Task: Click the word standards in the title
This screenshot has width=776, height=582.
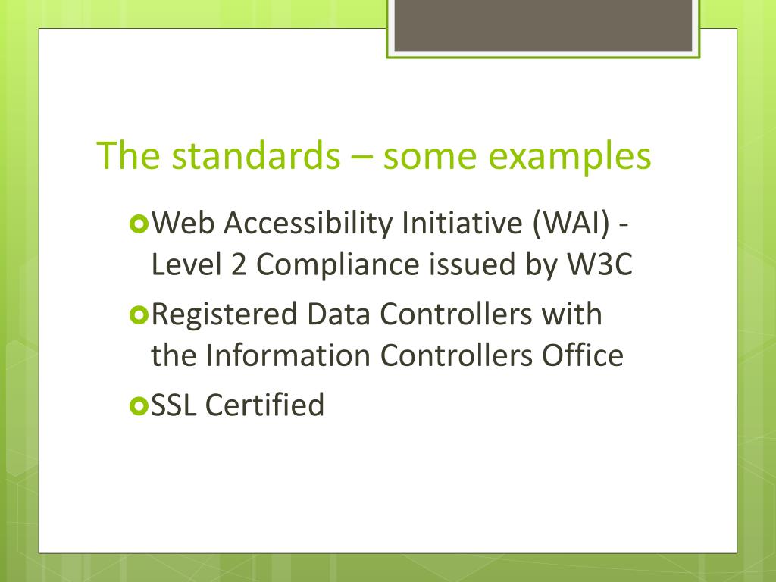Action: pos(255,156)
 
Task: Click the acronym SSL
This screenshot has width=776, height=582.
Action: pos(175,405)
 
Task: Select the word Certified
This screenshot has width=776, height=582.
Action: pos(265,405)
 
